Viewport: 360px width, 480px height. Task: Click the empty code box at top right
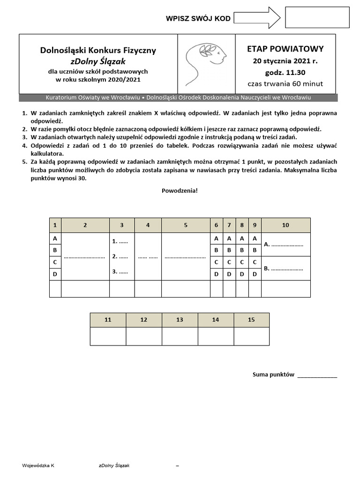pyautogui.click(x=317, y=18)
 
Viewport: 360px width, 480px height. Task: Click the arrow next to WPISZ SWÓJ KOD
pyautogui.click(x=256, y=18)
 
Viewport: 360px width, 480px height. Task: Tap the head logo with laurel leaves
pyautogui.click(x=206, y=63)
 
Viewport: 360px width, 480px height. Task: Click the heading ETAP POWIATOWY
pyautogui.click(x=285, y=49)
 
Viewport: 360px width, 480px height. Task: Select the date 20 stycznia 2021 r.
pyautogui.click(x=285, y=61)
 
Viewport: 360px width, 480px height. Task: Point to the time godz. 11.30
pyautogui.click(x=285, y=73)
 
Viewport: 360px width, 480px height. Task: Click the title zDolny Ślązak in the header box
pyautogui.click(x=98, y=61)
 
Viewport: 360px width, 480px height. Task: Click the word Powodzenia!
pyautogui.click(x=180, y=191)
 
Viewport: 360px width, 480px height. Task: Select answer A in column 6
pyautogui.click(x=216, y=239)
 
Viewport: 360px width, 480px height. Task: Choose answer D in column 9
pyautogui.click(x=255, y=274)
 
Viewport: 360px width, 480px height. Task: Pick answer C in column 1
pyautogui.click(x=55, y=262)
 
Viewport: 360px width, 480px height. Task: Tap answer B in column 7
pyautogui.click(x=229, y=250)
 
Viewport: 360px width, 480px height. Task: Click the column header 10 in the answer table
pyautogui.click(x=285, y=225)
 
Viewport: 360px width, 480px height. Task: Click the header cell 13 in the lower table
pyautogui.click(x=180, y=320)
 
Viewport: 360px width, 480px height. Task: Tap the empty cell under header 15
pyautogui.click(x=251, y=337)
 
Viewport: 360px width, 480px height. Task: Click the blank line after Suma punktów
pyautogui.click(x=317, y=375)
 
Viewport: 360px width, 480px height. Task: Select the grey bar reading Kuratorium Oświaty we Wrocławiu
pyautogui.click(x=178, y=97)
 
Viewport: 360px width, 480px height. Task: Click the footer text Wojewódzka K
pyautogui.click(x=38, y=465)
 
